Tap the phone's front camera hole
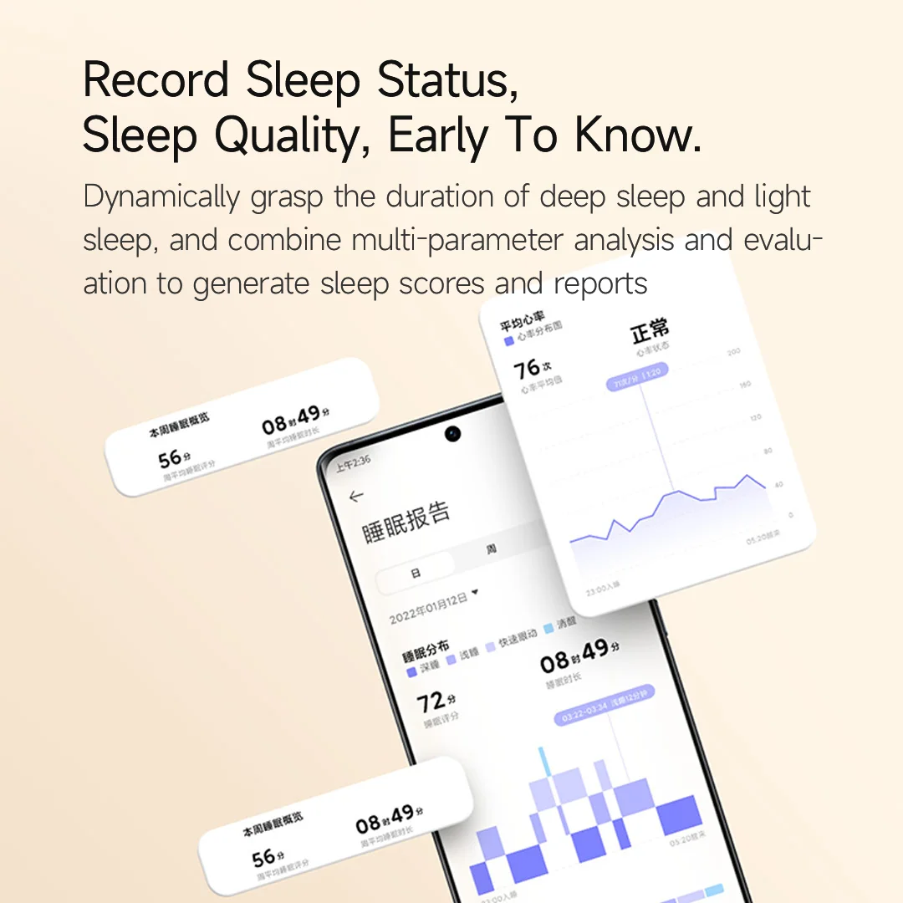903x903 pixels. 453,434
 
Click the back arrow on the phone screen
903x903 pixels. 356,496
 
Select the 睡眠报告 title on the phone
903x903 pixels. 406,521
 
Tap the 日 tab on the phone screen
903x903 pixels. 416,574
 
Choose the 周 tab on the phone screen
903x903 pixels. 491,549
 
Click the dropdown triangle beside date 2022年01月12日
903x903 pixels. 475,593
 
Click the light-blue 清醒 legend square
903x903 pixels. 548,627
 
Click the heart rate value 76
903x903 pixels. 527,369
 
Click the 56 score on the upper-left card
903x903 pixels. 170,458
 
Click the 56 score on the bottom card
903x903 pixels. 263,858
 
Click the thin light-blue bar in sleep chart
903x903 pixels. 544,760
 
